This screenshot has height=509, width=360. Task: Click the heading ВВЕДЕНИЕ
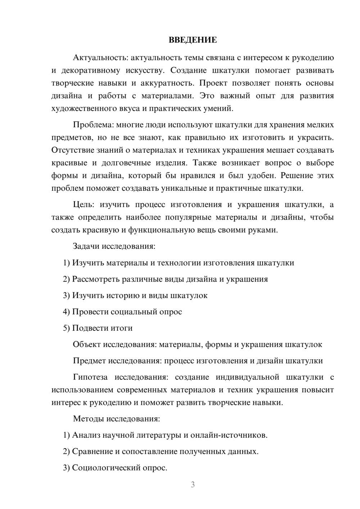pyautogui.click(x=193, y=40)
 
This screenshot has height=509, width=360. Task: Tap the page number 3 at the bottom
pyautogui.click(x=193, y=485)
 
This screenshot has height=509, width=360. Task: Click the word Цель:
pyautogui.click(x=84, y=204)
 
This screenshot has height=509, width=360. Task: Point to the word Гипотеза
pyautogui.click(x=90, y=377)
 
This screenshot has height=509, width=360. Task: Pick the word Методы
pyautogui.click(x=87, y=419)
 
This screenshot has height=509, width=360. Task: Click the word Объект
pyautogui.click(x=87, y=344)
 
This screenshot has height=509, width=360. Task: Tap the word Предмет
pyautogui.click(x=89, y=361)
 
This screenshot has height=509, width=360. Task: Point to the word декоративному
pyautogui.click(x=90, y=70)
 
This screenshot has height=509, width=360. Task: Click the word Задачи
pyautogui.click(x=86, y=246)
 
